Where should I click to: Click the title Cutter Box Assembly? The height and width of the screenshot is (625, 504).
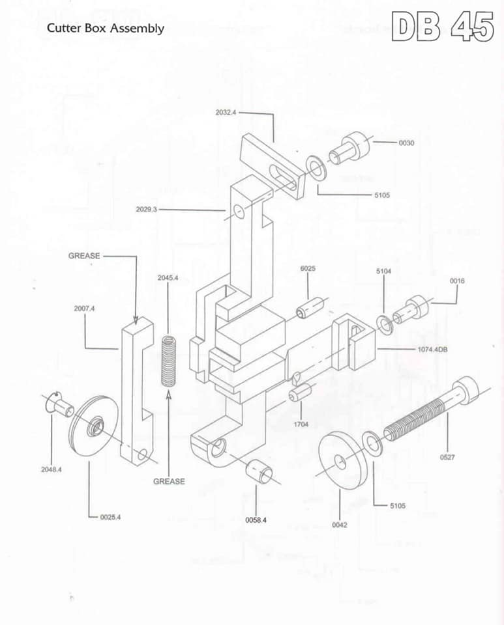[106, 29]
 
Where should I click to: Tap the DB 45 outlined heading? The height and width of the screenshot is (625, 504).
[443, 26]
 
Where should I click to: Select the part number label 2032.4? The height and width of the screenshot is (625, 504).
[226, 113]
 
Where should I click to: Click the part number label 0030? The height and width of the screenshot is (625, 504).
[406, 143]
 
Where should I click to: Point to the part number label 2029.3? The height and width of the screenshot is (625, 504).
[146, 209]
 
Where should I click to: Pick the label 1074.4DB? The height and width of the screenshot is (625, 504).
[432, 350]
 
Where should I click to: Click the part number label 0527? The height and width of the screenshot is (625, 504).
[447, 457]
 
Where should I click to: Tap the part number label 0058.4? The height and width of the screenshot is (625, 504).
[256, 520]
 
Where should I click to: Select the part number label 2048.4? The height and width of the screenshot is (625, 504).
[52, 469]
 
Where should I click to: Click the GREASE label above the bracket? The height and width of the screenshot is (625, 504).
[84, 256]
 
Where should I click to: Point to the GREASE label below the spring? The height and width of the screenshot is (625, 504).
[170, 482]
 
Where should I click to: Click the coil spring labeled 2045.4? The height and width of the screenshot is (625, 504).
[169, 361]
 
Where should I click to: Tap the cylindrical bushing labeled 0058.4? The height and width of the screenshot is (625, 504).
[259, 471]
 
